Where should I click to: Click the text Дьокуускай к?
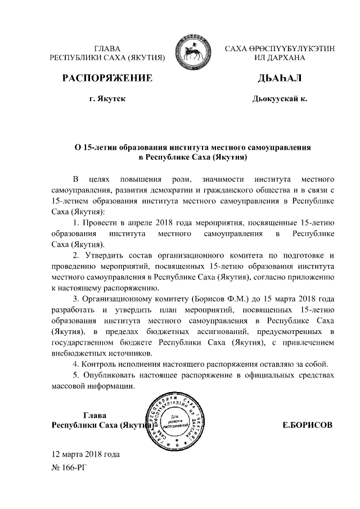click(x=279, y=100)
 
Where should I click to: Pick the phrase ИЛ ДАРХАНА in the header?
click(x=279, y=58)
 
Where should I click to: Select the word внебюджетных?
click(x=76, y=353)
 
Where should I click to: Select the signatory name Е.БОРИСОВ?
click(x=307, y=426)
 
